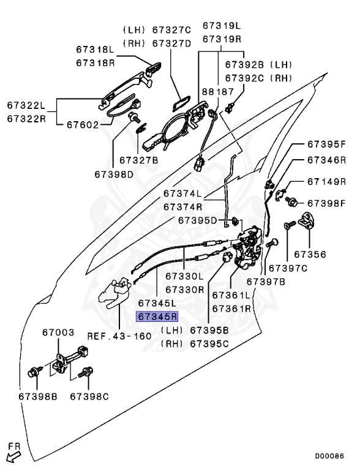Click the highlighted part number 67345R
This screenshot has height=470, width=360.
[157, 316]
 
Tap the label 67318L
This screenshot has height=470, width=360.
[96, 49]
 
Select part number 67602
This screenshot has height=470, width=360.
[83, 124]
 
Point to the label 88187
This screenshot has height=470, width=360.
[217, 91]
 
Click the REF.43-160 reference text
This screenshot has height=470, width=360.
[119, 336]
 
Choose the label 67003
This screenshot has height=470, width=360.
[58, 332]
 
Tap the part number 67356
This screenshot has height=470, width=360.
[310, 254]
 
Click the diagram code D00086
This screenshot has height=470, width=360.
[329, 456]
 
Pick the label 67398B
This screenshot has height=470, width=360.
[38, 397]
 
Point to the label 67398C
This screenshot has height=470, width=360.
[89, 397]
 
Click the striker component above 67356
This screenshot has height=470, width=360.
[307, 220]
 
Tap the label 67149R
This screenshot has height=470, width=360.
[327, 182]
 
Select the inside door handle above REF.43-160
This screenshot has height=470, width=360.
[115, 294]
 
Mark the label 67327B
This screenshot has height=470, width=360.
[138, 160]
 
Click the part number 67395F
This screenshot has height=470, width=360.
[327, 144]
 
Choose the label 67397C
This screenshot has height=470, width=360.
[288, 268]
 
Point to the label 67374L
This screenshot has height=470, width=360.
[182, 193]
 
